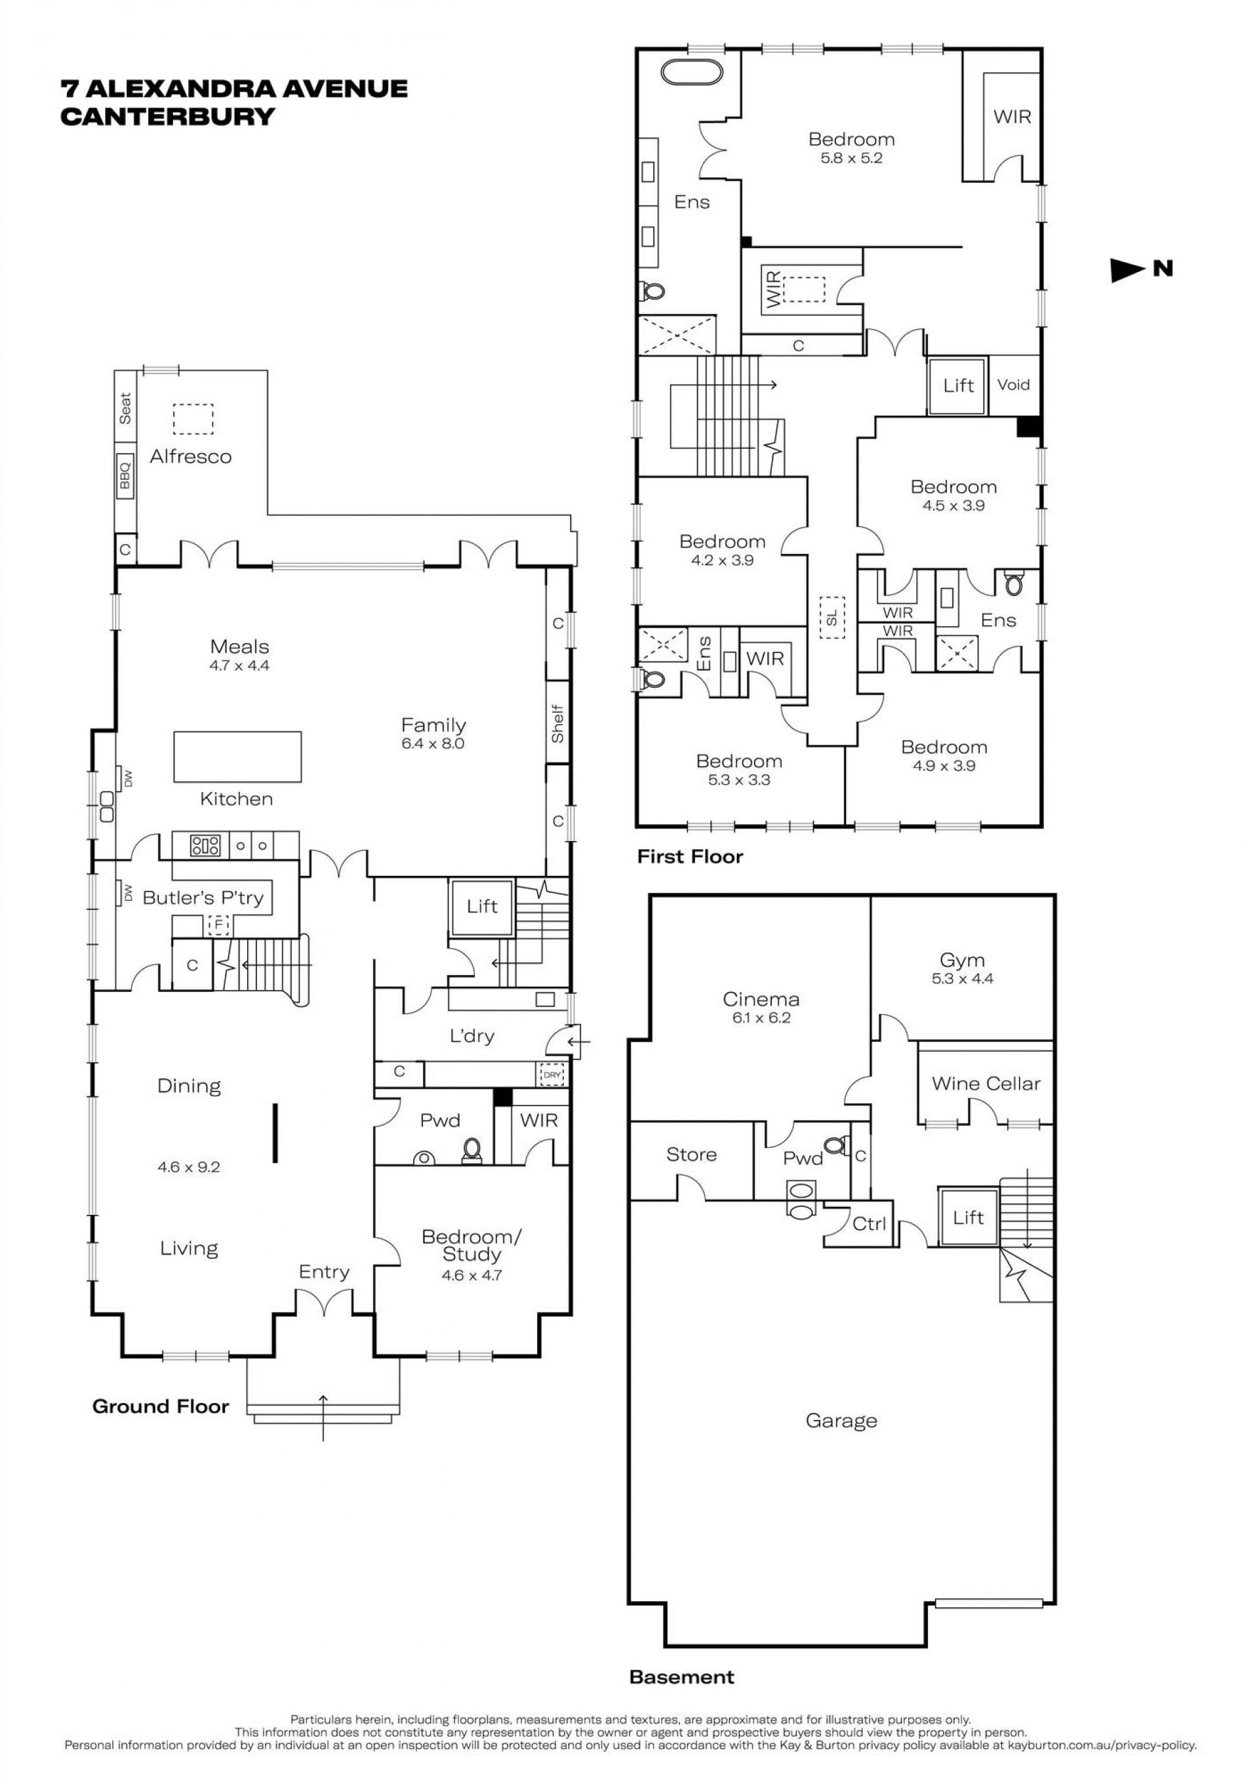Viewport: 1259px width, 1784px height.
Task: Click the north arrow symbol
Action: (1129, 269)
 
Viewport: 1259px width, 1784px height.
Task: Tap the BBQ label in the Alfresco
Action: (125, 474)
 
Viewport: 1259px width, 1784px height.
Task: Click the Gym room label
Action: (962, 961)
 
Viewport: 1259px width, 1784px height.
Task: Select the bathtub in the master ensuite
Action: (691, 72)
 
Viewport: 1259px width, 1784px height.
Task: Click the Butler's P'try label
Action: (203, 898)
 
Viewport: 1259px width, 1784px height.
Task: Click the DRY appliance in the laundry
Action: (551, 1075)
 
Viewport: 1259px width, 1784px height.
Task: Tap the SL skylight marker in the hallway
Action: (831, 618)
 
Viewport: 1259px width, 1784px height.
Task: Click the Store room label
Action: (691, 1155)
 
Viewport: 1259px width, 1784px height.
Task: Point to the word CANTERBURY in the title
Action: (168, 117)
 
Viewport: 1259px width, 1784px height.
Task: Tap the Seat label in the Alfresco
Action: (125, 408)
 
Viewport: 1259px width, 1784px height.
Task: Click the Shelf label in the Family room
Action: (557, 723)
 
